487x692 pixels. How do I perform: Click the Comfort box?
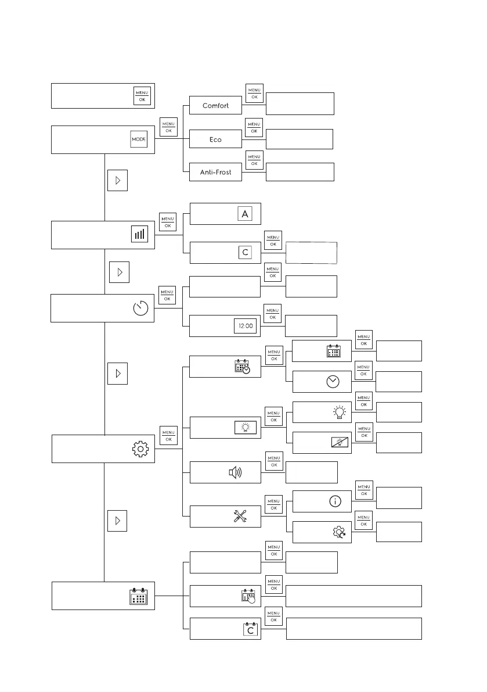(x=215, y=106)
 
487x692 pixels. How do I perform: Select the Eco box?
(x=215, y=139)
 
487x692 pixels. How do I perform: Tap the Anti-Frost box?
(x=215, y=172)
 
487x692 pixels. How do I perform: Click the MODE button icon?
(x=139, y=140)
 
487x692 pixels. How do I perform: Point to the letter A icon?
(x=245, y=214)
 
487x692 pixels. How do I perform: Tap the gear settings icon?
(x=141, y=449)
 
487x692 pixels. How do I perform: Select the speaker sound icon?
(x=236, y=472)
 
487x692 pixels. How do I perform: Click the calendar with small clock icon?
(x=242, y=367)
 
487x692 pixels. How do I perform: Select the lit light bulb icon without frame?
(x=340, y=412)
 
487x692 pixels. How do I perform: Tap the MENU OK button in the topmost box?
(x=142, y=96)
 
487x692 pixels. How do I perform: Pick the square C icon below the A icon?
(x=245, y=253)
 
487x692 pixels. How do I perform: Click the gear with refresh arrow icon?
(x=338, y=533)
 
